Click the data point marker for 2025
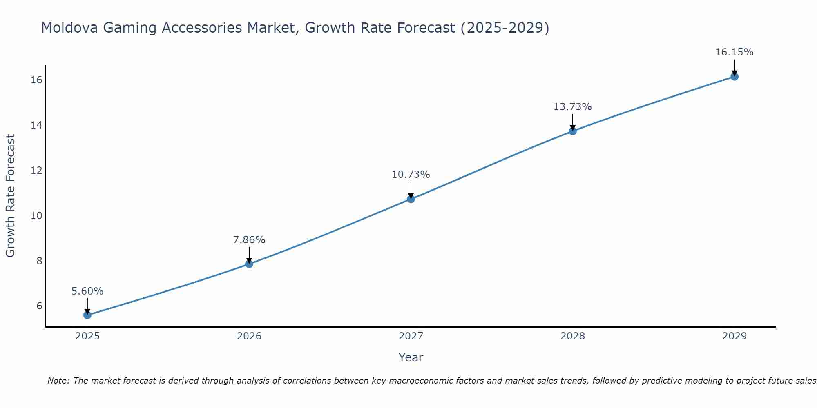click(x=87, y=315)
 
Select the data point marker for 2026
click(x=249, y=264)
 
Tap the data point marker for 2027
click(x=411, y=199)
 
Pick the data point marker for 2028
click(x=573, y=131)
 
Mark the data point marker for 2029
click(x=734, y=76)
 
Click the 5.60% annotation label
click(x=87, y=291)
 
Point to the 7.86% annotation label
click(x=249, y=240)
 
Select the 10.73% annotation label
click(x=411, y=175)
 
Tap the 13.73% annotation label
click(x=573, y=107)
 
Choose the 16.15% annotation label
click(x=734, y=52)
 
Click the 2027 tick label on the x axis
click(x=411, y=336)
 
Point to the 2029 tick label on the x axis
click(x=734, y=336)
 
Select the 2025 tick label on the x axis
click(x=87, y=336)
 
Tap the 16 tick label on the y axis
click(x=36, y=80)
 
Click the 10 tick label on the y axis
click(x=36, y=215)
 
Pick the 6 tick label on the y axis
click(x=39, y=306)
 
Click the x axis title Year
click(x=411, y=357)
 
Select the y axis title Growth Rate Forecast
click(x=10, y=196)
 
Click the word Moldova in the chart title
click(x=69, y=28)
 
